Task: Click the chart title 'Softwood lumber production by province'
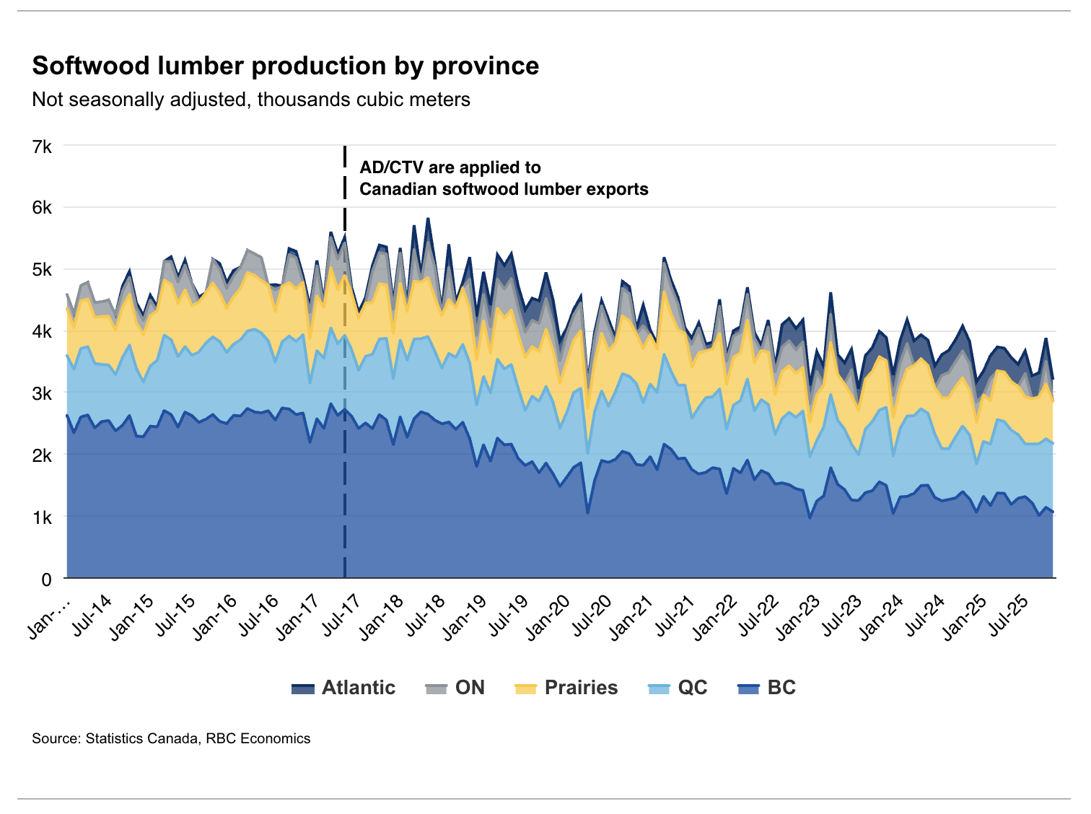coord(286,66)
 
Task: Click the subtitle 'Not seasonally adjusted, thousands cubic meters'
coord(251,100)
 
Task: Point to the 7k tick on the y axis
coord(42,147)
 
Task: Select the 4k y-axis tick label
coord(42,332)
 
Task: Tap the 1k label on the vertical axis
coord(42,517)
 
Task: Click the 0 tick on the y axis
coord(46,579)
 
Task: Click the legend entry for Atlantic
coord(343,688)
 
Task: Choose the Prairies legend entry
coord(566,688)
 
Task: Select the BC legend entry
coord(767,688)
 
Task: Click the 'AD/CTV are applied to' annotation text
coord(450,167)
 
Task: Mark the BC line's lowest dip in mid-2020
coord(587,512)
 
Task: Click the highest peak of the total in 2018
coord(428,218)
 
